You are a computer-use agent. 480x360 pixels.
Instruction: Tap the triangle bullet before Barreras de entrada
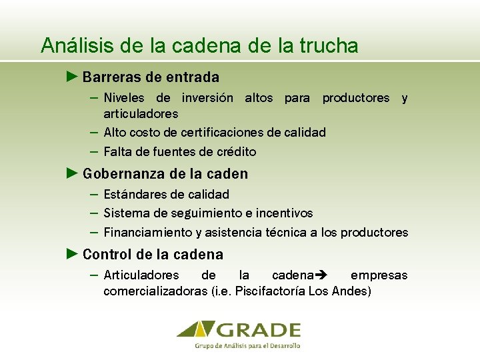coord(73,77)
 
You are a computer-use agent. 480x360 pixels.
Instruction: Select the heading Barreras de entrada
coord(151,77)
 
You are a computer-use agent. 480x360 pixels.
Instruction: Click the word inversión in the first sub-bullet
coord(207,98)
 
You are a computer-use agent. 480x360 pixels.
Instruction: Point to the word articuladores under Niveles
coord(141,114)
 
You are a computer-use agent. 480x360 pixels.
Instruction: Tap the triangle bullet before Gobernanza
coord(73,173)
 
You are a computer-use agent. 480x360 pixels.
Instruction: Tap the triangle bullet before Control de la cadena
coord(73,254)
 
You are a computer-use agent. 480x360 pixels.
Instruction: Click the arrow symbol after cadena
coord(319,275)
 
